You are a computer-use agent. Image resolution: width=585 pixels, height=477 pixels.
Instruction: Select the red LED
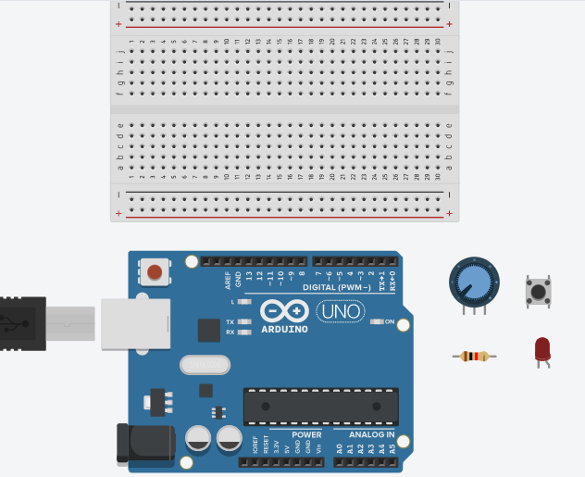[542, 349]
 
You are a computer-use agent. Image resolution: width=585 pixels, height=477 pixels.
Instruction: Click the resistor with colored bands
[475, 357]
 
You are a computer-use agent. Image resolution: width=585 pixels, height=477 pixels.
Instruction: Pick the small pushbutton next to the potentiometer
[537, 292]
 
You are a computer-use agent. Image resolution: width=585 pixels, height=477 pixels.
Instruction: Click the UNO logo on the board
[339, 312]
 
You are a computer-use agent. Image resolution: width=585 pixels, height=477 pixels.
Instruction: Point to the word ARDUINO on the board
[284, 329]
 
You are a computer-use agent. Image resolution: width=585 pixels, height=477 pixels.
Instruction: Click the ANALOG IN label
[371, 434]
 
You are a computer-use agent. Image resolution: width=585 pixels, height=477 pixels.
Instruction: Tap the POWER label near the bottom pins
[306, 434]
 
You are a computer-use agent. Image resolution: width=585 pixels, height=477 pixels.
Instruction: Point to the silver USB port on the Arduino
[135, 322]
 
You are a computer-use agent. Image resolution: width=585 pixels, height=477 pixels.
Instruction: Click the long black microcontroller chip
[320, 406]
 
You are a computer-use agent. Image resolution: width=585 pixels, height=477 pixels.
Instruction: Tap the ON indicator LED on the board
[377, 322]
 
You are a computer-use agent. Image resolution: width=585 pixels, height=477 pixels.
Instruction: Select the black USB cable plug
[22, 324]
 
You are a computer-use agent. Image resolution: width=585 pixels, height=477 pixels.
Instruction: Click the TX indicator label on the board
[230, 321]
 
